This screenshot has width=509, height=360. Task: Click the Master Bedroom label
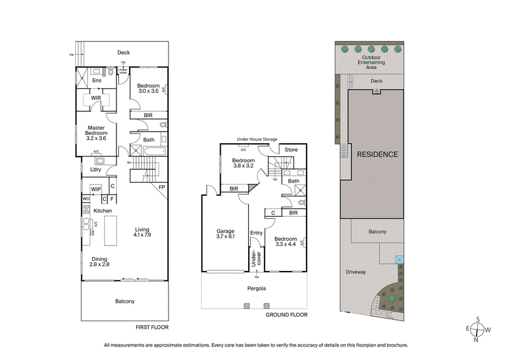[x=97, y=132]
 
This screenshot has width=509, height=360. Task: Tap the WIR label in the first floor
[x=96, y=98]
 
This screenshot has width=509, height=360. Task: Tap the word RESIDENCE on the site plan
[x=377, y=155]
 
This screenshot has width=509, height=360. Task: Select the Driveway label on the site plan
[x=356, y=272]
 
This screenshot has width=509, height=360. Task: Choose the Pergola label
[x=257, y=288]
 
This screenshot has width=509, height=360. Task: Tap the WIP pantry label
[x=96, y=189]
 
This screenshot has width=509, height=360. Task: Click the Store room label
[x=291, y=150]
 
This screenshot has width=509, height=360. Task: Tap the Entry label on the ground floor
[x=256, y=233]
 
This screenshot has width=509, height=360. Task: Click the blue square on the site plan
[x=399, y=260]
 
